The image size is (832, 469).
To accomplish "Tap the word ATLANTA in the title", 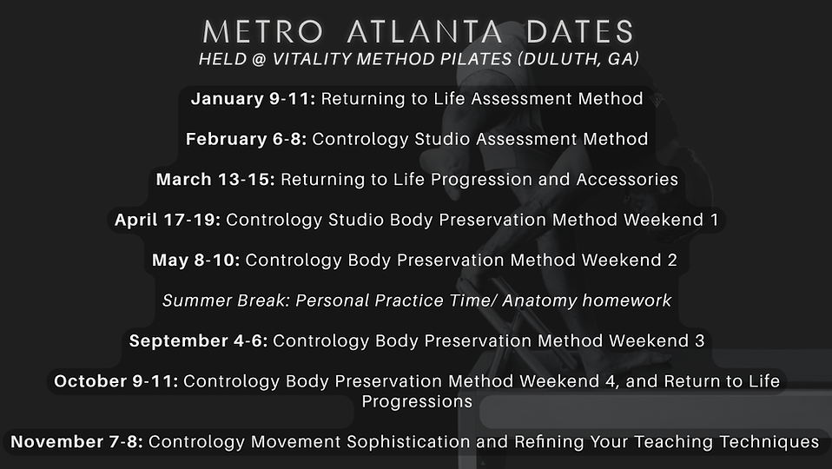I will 425,32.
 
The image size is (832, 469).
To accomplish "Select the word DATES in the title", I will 579,32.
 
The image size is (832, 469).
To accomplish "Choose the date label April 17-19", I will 168,221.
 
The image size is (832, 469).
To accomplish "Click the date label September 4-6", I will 200,341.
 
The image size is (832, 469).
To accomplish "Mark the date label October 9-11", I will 116,381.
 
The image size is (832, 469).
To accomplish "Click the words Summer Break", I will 226,301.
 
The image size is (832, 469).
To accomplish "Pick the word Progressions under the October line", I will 417,402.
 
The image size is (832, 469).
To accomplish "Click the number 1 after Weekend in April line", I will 714,221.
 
